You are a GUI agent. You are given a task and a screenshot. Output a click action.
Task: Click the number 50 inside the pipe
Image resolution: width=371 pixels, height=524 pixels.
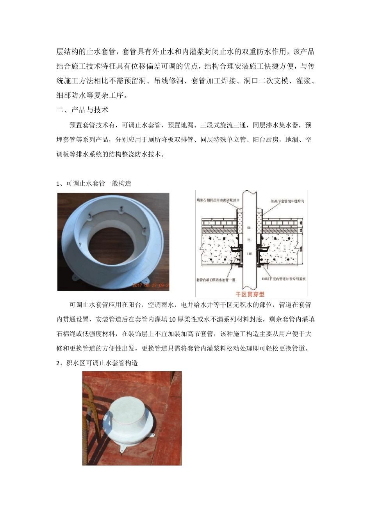click(249, 228)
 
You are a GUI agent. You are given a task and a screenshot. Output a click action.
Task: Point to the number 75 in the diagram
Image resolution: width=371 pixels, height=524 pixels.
click(249, 240)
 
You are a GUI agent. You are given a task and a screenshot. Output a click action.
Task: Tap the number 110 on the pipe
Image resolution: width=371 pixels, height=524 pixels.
click(249, 253)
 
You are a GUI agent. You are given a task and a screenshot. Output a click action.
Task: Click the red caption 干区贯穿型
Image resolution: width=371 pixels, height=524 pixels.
click(248, 294)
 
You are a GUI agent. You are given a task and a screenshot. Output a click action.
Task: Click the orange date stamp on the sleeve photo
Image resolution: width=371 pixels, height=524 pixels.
click(150, 285)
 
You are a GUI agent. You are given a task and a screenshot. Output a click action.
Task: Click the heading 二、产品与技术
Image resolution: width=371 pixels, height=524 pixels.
click(82, 110)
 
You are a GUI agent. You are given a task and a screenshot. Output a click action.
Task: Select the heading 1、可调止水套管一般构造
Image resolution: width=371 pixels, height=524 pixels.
click(94, 183)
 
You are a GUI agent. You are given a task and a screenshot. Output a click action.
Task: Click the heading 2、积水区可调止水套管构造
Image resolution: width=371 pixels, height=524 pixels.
click(97, 363)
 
